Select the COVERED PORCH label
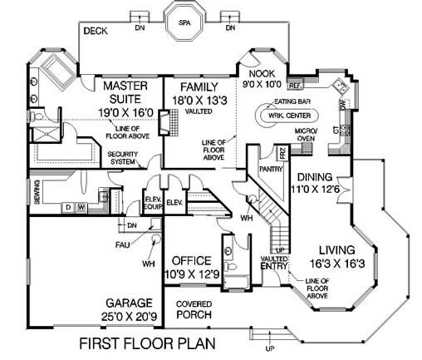pyautogui.click(x=194, y=310)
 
